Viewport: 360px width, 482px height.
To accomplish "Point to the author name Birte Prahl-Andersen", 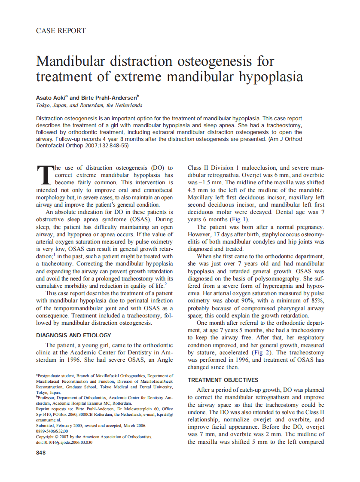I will coord(106,98).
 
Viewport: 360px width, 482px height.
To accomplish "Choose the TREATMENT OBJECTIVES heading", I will coord(223,380).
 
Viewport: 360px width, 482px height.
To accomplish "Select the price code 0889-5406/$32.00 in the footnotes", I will coord(52,431).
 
